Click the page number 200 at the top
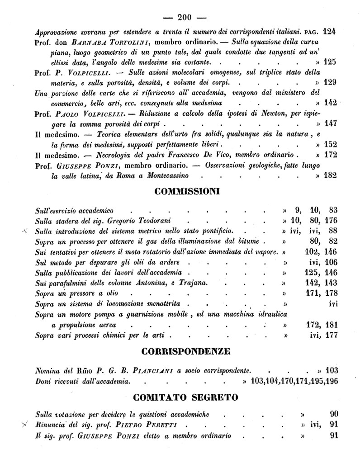coord(185,18)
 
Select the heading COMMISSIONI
coord(187,191)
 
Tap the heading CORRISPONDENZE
coord(186,351)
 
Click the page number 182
coord(330,175)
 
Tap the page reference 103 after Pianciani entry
coord(329,369)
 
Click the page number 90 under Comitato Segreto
coord(334,414)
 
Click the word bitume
coord(250,241)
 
